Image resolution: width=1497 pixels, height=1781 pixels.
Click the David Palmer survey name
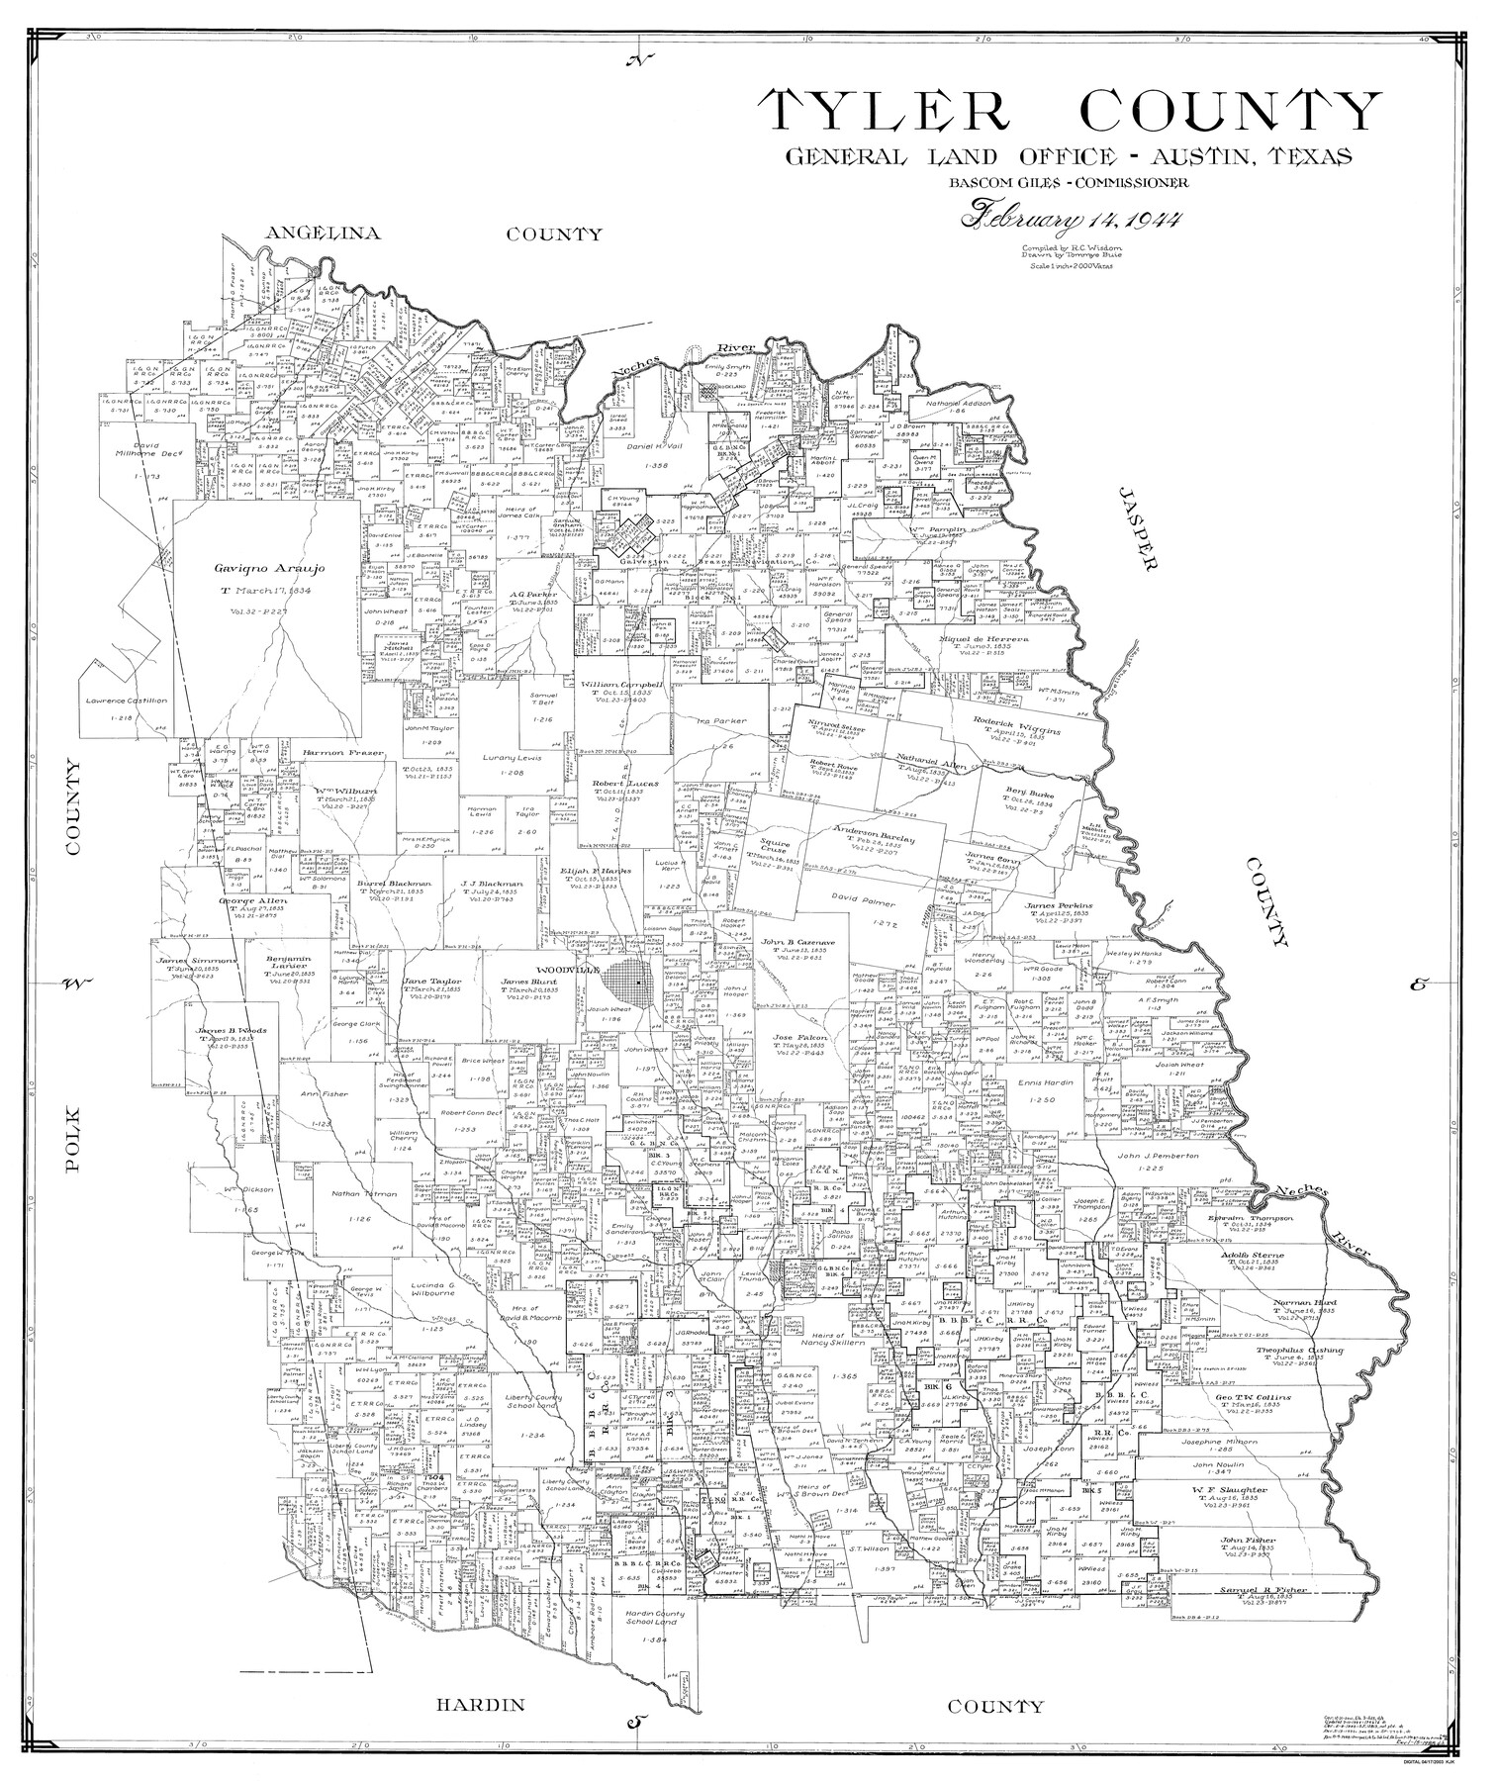(x=863, y=903)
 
